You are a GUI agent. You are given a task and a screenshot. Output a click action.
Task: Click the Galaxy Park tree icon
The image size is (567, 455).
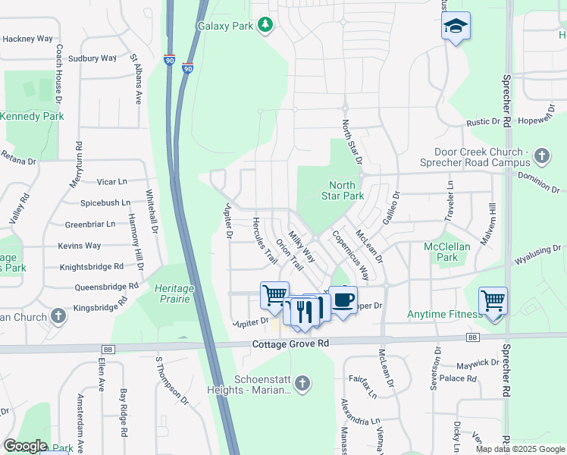[x=265, y=26]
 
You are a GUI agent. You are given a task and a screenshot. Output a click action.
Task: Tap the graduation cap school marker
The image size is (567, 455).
[x=456, y=27]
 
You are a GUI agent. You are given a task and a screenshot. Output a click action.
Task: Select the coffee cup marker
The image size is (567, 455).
[x=343, y=300]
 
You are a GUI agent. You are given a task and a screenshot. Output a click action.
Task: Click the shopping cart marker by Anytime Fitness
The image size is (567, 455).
[x=493, y=301]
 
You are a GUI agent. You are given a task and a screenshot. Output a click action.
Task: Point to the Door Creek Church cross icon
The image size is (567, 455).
[x=541, y=156]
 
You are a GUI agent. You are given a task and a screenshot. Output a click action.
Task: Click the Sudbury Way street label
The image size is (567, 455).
[x=92, y=58]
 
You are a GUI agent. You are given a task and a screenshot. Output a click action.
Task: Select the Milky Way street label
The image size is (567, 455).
[x=301, y=246]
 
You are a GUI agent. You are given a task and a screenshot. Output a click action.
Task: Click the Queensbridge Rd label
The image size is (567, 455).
[x=106, y=287]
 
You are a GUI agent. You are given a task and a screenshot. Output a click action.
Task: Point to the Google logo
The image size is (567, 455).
[x=25, y=446]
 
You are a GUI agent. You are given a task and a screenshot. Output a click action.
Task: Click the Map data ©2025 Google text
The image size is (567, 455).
[x=520, y=449]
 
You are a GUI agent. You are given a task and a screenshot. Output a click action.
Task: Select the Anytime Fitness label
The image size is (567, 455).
[x=444, y=315]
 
